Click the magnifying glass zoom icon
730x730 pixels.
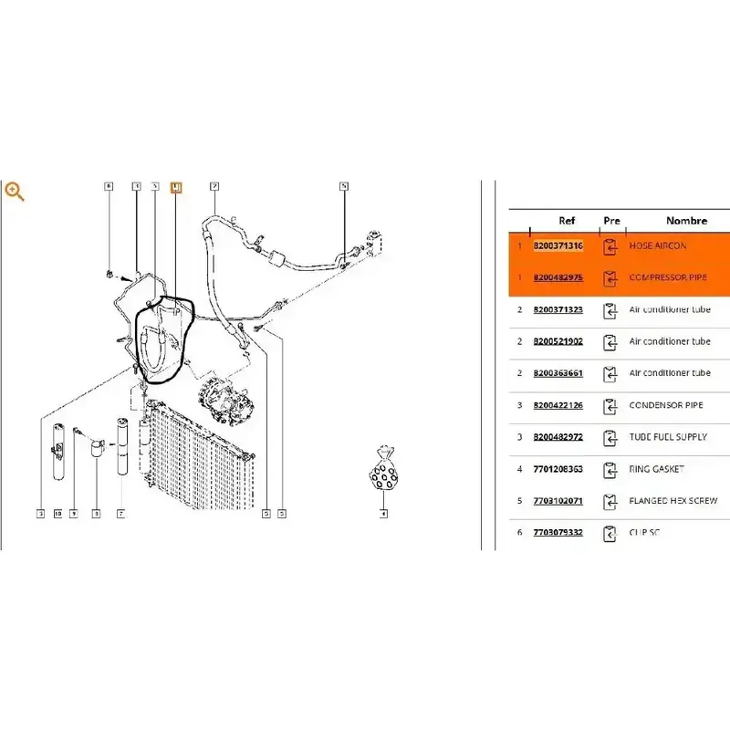click(x=14, y=191)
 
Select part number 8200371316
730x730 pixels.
click(x=558, y=245)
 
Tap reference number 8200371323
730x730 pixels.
click(x=558, y=310)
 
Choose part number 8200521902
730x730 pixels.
click(x=558, y=342)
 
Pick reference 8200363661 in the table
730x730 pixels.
click(x=558, y=373)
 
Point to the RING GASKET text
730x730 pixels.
click(x=657, y=469)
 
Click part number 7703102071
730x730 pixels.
click(x=558, y=501)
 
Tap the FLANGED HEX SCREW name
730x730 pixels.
click(x=673, y=501)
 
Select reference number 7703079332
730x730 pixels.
click(x=558, y=533)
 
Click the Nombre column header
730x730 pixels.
click(x=686, y=221)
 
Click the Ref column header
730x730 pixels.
click(x=567, y=221)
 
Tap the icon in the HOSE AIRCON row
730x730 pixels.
click(x=610, y=246)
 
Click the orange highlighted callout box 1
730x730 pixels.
click(x=176, y=187)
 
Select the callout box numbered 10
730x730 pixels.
click(x=57, y=514)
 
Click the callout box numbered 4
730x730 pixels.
click(x=383, y=514)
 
